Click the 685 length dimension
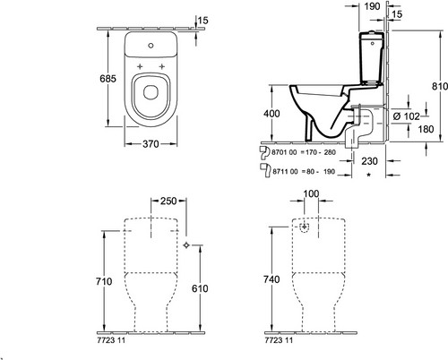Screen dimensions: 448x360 point(108,79)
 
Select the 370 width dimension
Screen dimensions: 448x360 point(151,144)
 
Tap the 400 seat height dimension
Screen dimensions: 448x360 point(271,114)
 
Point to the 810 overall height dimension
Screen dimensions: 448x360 point(440,86)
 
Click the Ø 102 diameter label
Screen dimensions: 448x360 point(406,116)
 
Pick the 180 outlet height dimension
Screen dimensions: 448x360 point(426,129)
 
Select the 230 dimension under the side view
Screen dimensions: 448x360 point(369,161)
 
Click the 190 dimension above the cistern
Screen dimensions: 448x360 point(372,6)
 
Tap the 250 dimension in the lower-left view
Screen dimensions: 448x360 point(168,201)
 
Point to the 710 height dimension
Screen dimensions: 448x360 point(104,281)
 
